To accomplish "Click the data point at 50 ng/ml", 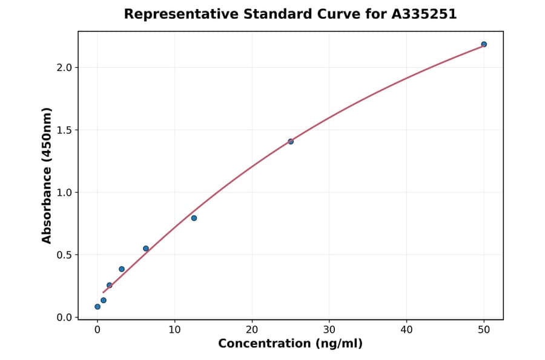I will pyautogui.click(x=484, y=44).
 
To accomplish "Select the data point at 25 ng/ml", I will pyautogui.click(x=291, y=141).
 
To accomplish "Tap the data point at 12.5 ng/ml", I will pyautogui.click(x=194, y=218).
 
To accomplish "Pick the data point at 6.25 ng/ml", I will pyautogui.click(x=146, y=248).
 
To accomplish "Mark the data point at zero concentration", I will pyautogui.click(x=97, y=307).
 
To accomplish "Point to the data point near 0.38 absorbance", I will pyautogui.click(x=122, y=269).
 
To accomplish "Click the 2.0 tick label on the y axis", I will pyautogui.click(x=63, y=67).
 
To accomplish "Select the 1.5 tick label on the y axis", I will pyautogui.click(x=63, y=130).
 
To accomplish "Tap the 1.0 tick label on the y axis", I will pyautogui.click(x=63, y=193).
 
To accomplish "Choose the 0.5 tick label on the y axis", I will pyautogui.click(x=63, y=255).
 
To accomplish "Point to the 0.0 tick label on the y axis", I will pyautogui.click(x=63, y=318).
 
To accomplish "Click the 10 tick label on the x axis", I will pyautogui.click(x=174, y=330).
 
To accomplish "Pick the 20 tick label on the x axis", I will pyautogui.click(x=252, y=330).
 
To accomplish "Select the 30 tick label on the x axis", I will pyautogui.click(x=329, y=330).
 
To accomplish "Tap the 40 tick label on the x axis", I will pyautogui.click(x=406, y=330).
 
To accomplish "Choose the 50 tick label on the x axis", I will pyautogui.click(x=484, y=330).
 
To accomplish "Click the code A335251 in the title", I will pyautogui.click(x=423, y=14).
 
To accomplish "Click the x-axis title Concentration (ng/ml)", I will pyautogui.click(x=290, y=344).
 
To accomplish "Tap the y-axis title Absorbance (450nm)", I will pyautogui.click(x=47, y=175).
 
